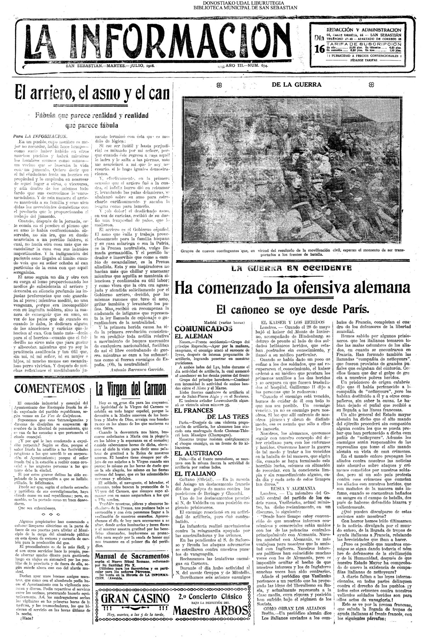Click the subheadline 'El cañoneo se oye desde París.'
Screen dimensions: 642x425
point(293,309)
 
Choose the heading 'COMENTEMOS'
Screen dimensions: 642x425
point(49,388)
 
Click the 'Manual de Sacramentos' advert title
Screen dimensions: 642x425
point(131,556)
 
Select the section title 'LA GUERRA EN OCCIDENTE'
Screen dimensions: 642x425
point(291,268)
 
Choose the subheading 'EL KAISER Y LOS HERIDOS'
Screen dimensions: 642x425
point(289,323)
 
